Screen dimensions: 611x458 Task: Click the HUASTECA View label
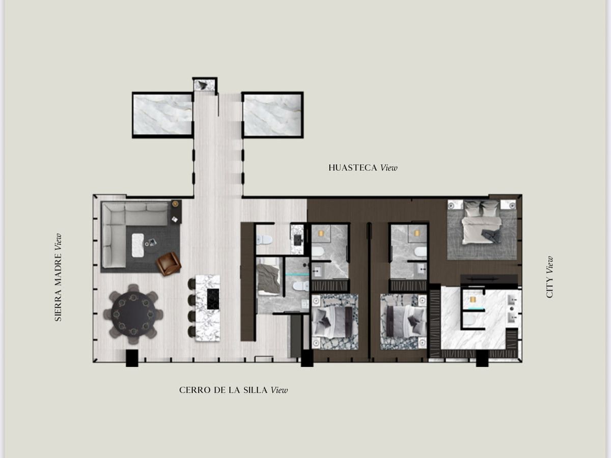[363, 168]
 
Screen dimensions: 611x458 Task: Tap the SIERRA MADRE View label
[58, 277]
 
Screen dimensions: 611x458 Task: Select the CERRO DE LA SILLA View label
[234, 390]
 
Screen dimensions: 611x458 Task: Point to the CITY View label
[549, 277]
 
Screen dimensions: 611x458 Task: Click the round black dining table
[133, 313]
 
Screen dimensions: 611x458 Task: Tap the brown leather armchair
[169, 264]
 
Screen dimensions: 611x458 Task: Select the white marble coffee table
[138, 245]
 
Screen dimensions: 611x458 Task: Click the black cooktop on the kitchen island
[213, 299]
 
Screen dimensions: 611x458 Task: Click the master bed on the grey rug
[482, 222]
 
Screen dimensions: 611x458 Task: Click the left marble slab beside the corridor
[162, 114]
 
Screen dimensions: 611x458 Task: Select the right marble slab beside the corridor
[272, 114]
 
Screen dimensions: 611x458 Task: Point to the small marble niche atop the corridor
[205, 85]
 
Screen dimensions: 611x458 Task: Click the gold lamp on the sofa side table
[175, 204]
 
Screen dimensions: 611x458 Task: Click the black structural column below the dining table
[132, 358]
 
